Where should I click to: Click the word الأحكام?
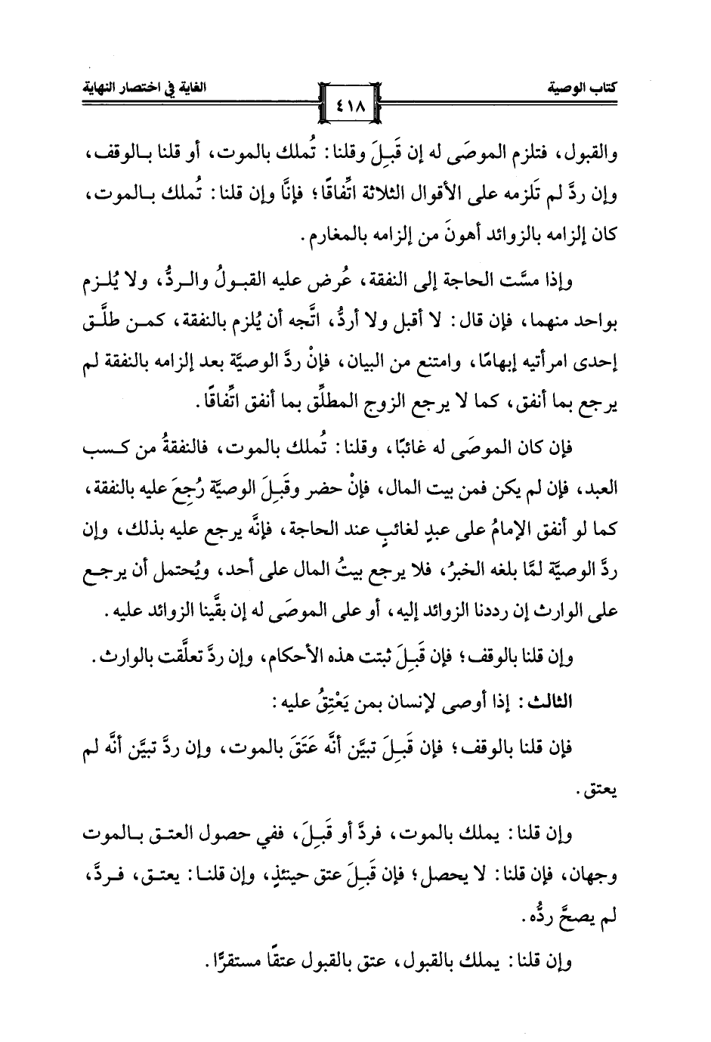coord(280,658)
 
